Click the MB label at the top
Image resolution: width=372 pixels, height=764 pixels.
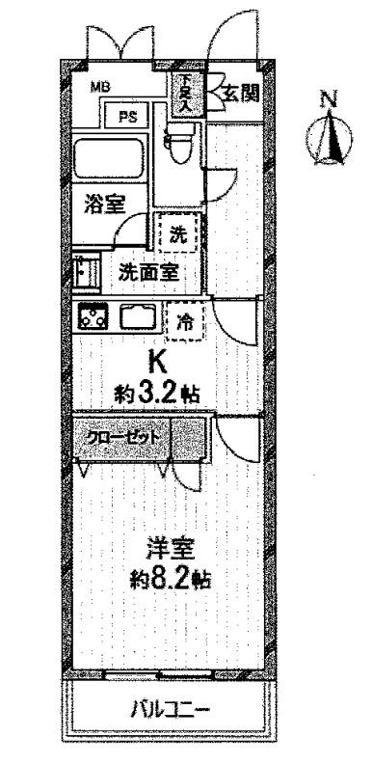click(x=100, y=88)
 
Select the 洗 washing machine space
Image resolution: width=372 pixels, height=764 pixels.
click(x=179, y=232)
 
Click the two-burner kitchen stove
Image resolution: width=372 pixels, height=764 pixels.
click(x=93, y=317)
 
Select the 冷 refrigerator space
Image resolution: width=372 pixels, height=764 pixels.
click(x=185, y=323)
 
